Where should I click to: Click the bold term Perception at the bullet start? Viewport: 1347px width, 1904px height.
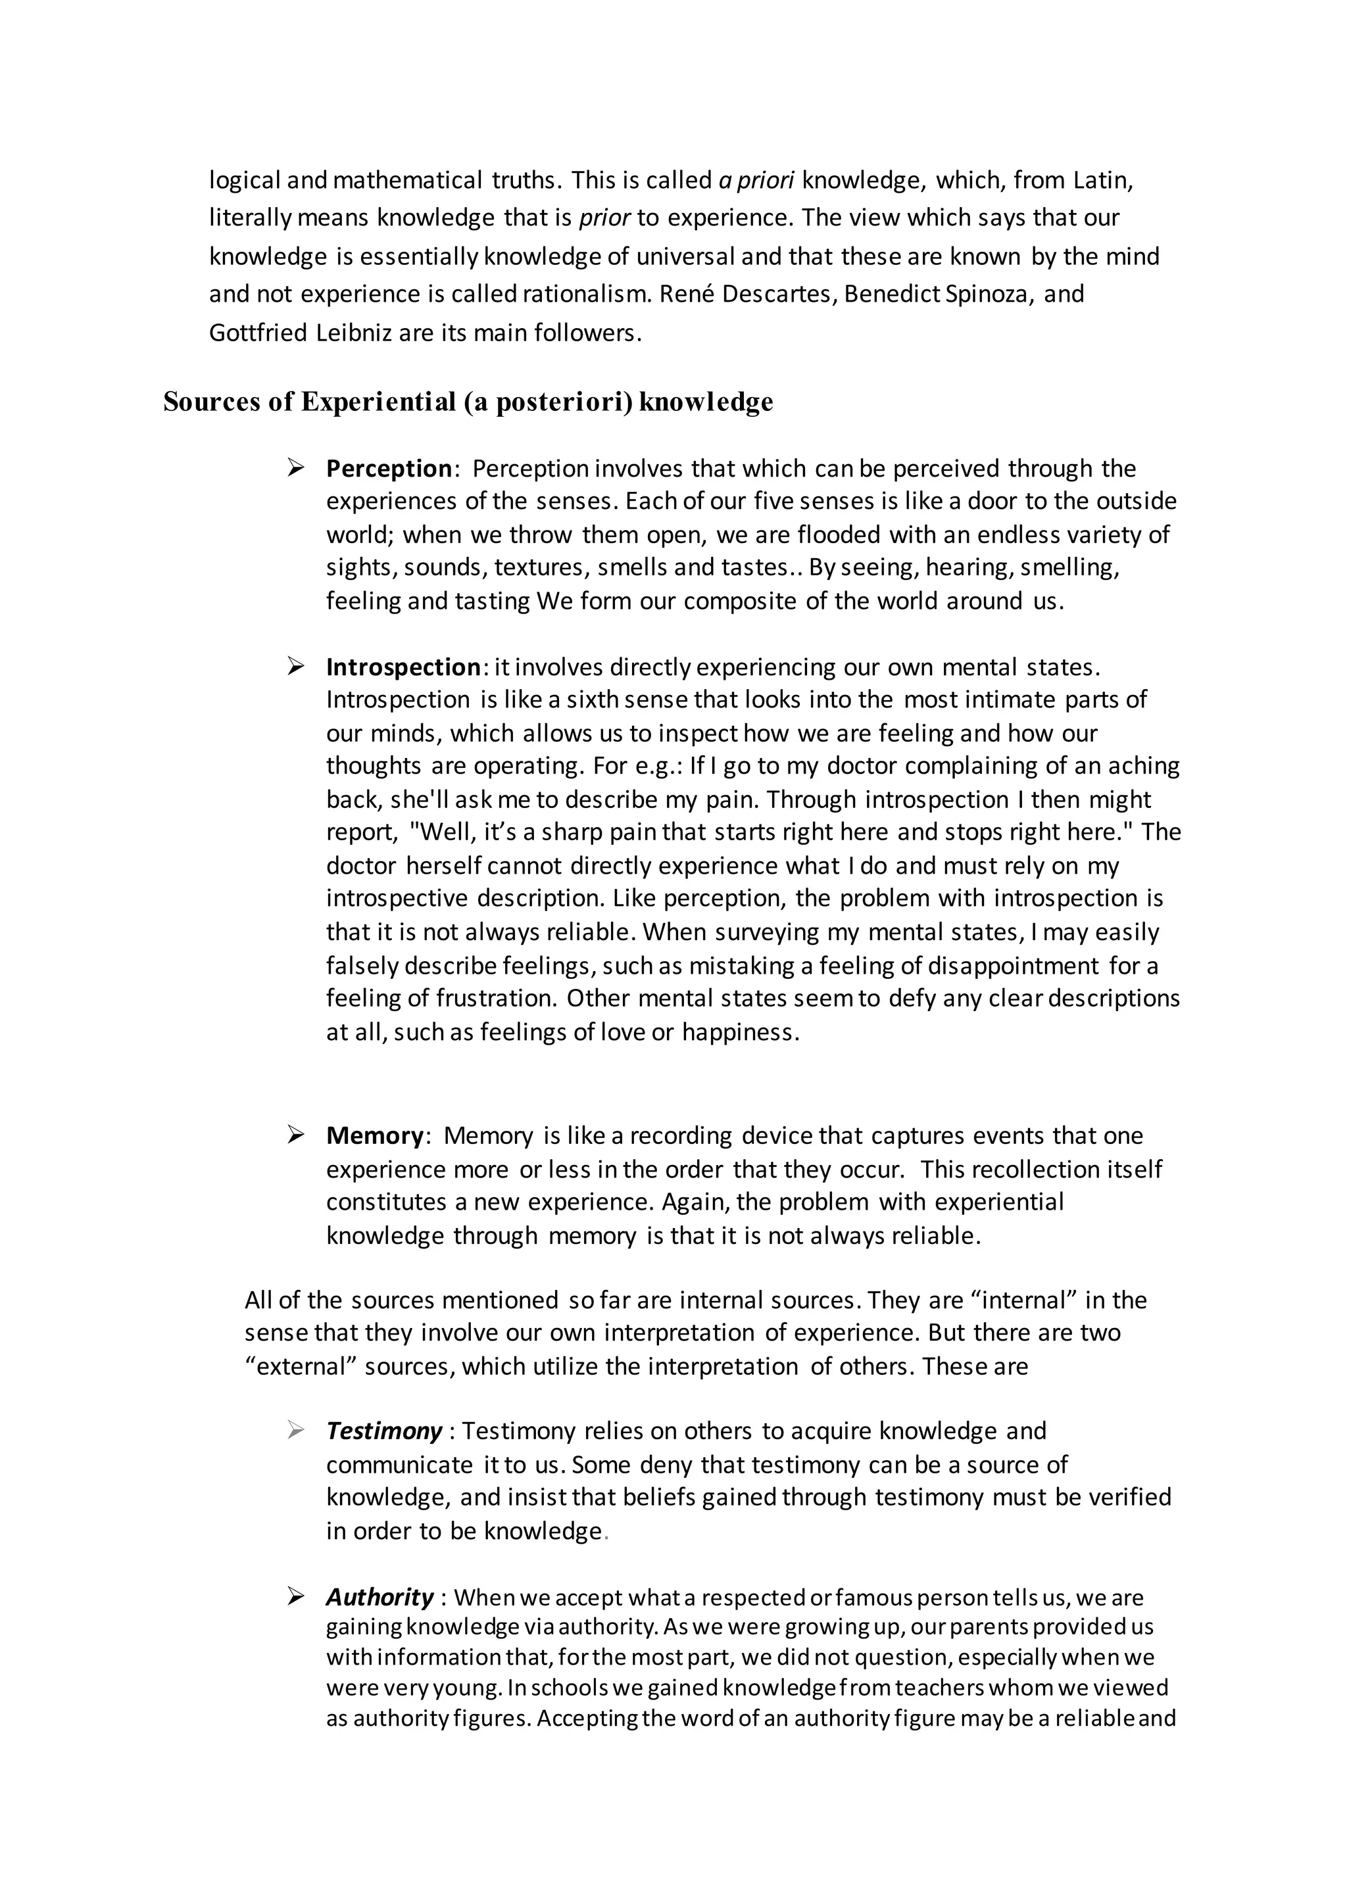tap(388, 469)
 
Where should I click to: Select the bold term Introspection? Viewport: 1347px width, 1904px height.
tap(403, 667)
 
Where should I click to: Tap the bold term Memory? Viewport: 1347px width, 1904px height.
tap(375, 1135)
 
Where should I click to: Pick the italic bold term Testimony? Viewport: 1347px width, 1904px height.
tap(384, 1431)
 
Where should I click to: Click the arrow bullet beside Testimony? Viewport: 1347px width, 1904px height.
tap(296, 1431)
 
